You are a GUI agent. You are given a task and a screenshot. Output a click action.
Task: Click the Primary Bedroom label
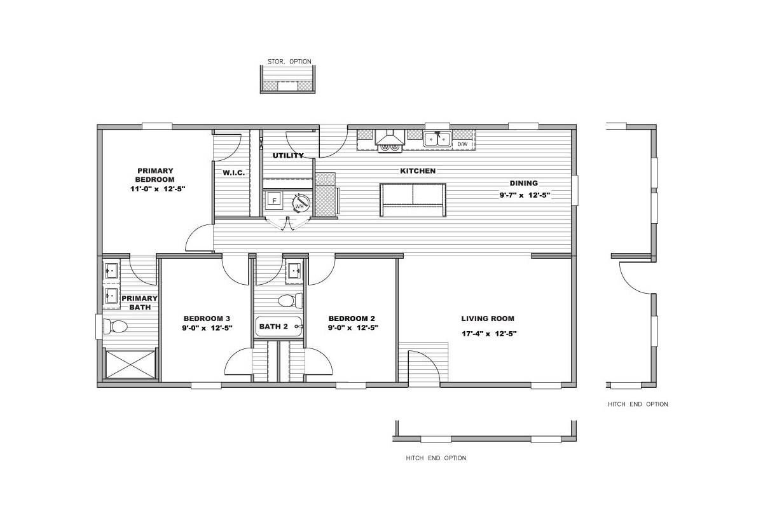pos(155,175)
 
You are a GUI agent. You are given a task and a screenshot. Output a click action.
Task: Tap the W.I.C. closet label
pos(234,173)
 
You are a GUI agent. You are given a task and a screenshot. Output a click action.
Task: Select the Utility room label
pos(288,156)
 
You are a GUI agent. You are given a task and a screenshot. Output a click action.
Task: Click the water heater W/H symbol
pos(301,203)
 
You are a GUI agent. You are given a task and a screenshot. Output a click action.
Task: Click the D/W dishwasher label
pos(462,144)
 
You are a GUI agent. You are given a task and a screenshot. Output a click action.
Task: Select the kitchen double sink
pos(437,139)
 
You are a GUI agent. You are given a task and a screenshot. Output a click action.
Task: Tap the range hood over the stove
pos(390,137)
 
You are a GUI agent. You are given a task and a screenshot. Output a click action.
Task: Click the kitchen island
pos(413,200)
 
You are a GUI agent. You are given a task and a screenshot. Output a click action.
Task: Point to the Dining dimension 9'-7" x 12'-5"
pos(525,195)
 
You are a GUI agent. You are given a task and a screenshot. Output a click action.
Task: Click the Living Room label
pos(488,318)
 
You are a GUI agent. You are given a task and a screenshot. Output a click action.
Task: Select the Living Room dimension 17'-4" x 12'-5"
pos(489,334)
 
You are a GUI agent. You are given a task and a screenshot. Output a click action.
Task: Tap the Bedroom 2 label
pos(352,318)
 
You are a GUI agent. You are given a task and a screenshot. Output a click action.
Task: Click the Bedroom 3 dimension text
pos(207,328)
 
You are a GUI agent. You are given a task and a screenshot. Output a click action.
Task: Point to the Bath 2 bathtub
pos(278,327)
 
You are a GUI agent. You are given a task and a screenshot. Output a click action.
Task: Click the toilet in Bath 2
pos(290,301)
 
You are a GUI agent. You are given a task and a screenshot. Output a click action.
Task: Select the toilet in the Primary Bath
pos(115,327)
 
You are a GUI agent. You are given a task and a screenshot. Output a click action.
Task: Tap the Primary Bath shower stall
pos(130,364)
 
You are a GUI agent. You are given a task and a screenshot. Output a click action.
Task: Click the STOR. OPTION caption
pos(289,62)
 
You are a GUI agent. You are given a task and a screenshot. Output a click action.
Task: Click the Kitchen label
pos(418,171)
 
